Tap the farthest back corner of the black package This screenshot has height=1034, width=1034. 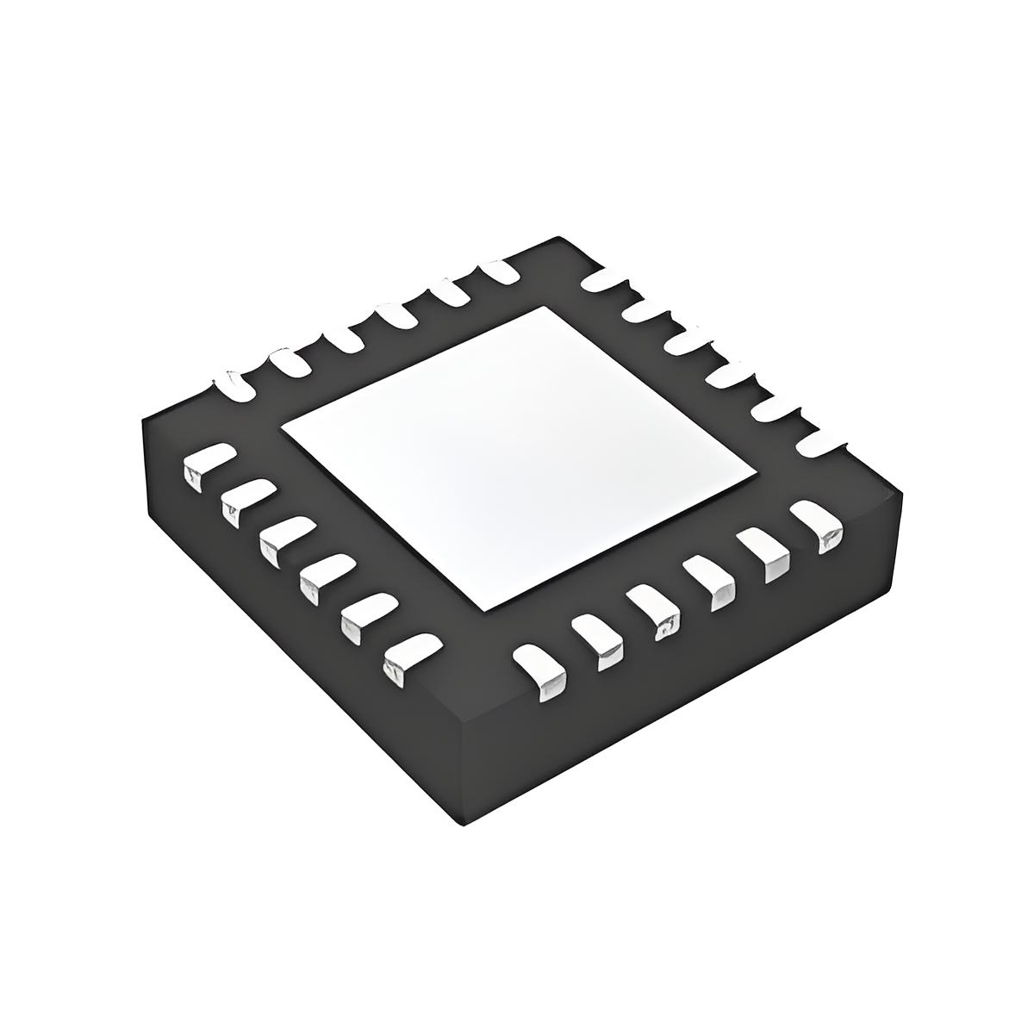563,239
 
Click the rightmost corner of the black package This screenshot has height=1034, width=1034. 902,493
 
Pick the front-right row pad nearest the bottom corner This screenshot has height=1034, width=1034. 541,671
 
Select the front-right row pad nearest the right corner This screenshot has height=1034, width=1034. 819,524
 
